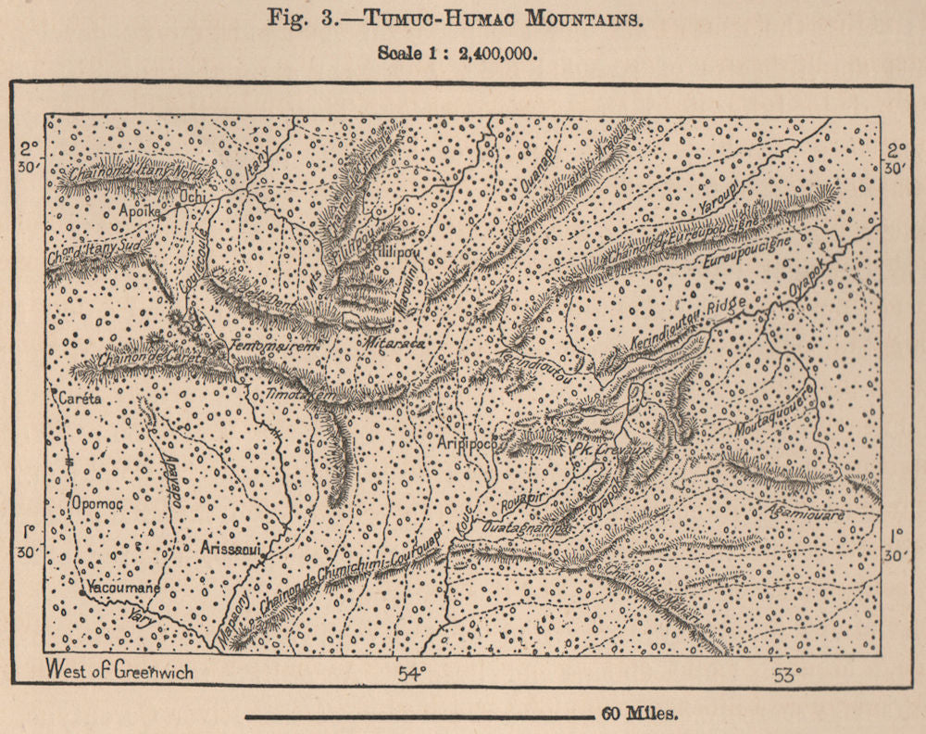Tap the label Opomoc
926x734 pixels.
pos(96,503)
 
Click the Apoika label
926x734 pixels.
pos(141,211)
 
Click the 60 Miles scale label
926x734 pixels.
pos(641,714)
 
